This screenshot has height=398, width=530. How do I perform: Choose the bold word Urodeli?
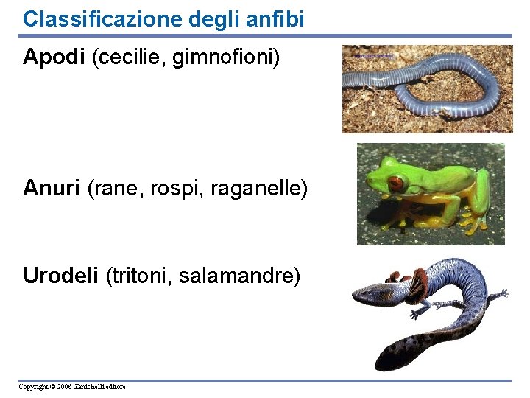click(x=61, y=276)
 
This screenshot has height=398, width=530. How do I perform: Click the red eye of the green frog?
click(x=396, y=184)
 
